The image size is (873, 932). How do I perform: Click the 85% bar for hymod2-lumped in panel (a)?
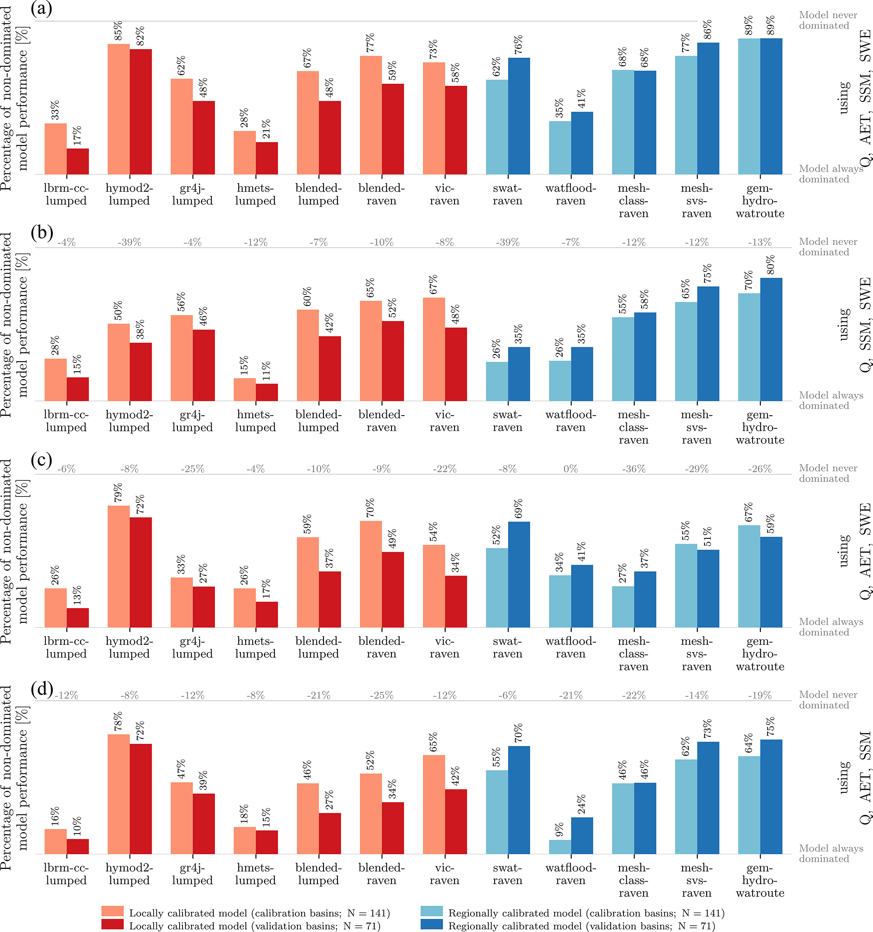[x=119, y=109]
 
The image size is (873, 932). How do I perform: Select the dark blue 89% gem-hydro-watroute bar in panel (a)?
[x=771, y=107]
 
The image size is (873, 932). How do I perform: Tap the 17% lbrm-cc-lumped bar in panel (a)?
[x=78, y=161]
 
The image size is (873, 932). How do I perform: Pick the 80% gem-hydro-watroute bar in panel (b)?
[x=771, y=340]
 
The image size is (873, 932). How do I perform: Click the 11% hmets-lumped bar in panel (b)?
[x=267, y=392]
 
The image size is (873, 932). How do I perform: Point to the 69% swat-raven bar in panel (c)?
[x=519, y=574]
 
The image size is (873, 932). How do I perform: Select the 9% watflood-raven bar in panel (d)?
[x=560, y=847]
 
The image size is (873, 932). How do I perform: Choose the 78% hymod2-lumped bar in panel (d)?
[x=119, y=794]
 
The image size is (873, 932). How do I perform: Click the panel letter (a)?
[x=41, y=9]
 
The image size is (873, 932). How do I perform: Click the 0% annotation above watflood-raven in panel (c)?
[x=571, y=469]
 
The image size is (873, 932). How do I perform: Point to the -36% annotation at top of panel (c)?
[x=633, y=469]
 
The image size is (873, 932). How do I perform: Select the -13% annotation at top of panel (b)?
[x=759, y=242]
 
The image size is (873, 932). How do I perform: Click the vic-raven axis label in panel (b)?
[x=444, y=421]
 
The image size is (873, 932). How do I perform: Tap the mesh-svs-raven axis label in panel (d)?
[x=696, y=880]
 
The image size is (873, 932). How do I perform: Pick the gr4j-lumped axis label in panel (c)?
[x=192, y=647]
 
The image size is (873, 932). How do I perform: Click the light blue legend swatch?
[x=431, y=911]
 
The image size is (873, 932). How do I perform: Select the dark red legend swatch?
[x=112, y=924]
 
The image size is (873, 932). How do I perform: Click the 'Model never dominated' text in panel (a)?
[x=827, y=20]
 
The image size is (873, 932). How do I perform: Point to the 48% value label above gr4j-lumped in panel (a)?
[x=203, y=88]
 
